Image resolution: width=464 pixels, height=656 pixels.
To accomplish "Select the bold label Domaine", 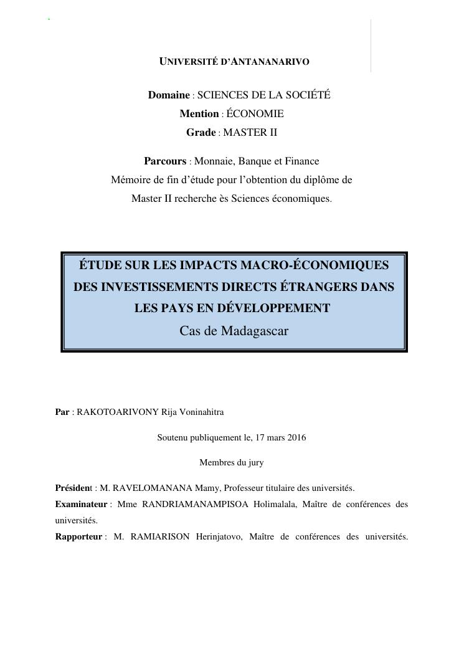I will (x=168, y=95).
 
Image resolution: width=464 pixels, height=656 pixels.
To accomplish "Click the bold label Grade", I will (x=201, y=132).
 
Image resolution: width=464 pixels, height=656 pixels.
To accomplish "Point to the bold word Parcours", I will (x=165, y=161).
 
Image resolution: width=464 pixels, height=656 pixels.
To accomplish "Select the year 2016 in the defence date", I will (x=296, y=437).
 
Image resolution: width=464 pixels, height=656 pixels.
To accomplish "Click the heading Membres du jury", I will (x=231, y=462).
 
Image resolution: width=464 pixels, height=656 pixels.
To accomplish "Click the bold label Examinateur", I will (x=81, y=504).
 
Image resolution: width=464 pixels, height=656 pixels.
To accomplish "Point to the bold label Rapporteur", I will (x=78, y=536).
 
